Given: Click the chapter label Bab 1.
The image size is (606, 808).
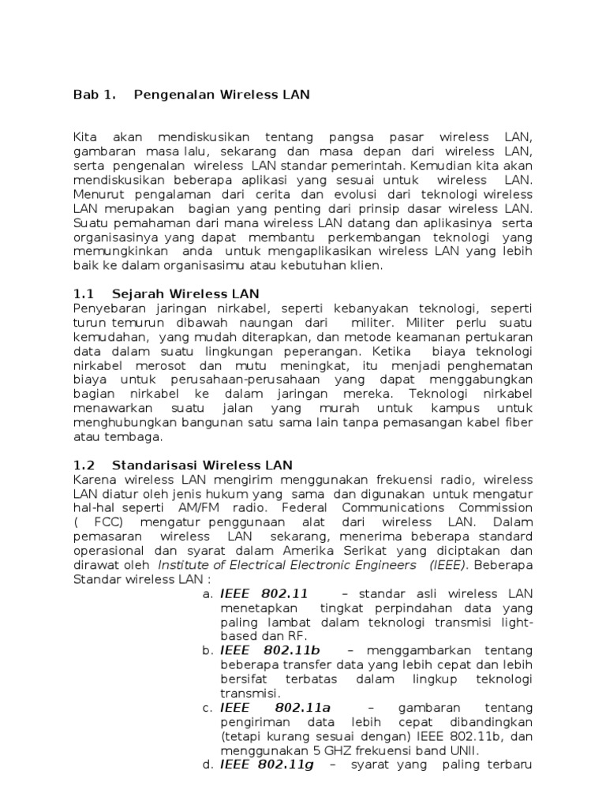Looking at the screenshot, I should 94,95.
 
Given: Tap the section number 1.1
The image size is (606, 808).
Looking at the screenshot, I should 84,294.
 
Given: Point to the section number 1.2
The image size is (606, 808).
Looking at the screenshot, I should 84,466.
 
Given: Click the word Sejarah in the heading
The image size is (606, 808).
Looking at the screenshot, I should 138,294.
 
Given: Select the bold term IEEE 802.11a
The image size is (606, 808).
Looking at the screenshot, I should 275,708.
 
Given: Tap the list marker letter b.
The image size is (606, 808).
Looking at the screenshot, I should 208,651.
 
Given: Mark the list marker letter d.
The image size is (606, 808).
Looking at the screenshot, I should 208,765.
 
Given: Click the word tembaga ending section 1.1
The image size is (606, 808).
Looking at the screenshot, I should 128,437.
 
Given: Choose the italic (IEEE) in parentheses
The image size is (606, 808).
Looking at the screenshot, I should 449,565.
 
